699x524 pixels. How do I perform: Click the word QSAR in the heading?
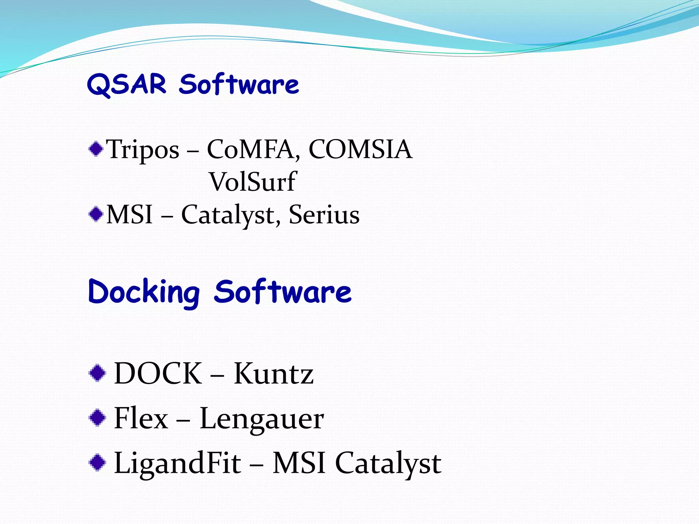(127, 84)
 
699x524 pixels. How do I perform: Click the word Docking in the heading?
(144, 292)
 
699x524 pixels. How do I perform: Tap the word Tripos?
(143, 149)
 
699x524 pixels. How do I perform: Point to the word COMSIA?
(360, 149)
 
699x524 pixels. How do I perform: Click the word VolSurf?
(253, 181)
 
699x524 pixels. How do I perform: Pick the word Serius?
(324, 215)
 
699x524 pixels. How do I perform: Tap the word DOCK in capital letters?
(158, 373)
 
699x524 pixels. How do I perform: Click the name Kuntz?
(273, 373)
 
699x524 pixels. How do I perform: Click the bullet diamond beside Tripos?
(96, 149)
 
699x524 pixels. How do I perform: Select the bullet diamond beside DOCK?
(97, 373)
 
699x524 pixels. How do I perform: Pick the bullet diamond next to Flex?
(97, 418)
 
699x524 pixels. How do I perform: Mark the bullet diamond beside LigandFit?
(97, 463)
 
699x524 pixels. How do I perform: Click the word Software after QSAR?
(239, 84)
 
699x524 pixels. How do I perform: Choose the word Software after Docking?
(283, 292)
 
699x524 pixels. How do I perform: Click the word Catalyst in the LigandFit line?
(388, 463)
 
